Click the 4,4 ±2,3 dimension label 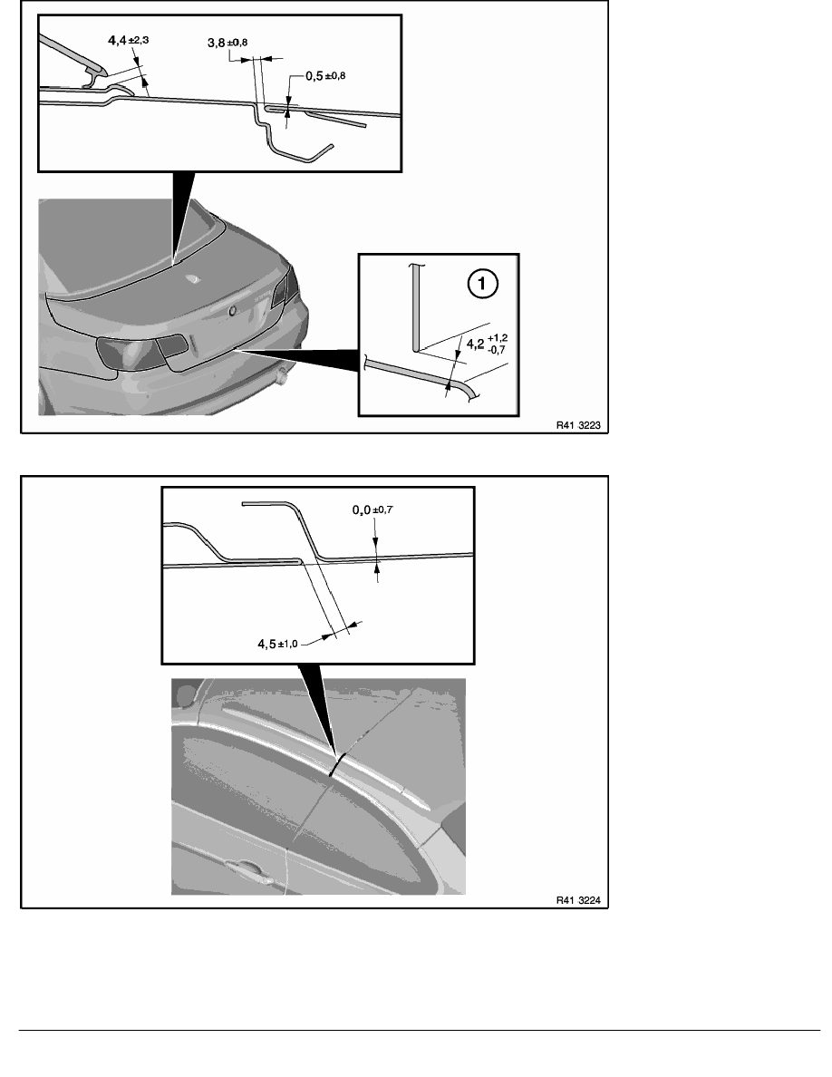point(129,41)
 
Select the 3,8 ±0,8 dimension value point(227,43)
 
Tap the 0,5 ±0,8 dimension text point(325,75)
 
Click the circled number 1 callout point(482,284)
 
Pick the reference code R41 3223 point(578,425)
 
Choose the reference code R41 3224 point(578,900)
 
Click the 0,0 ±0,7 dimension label point(372,509)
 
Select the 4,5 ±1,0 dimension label point(278,644)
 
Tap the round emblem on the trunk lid point(233,311)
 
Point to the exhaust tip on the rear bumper point(282,375)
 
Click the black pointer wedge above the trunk point(182,217)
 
